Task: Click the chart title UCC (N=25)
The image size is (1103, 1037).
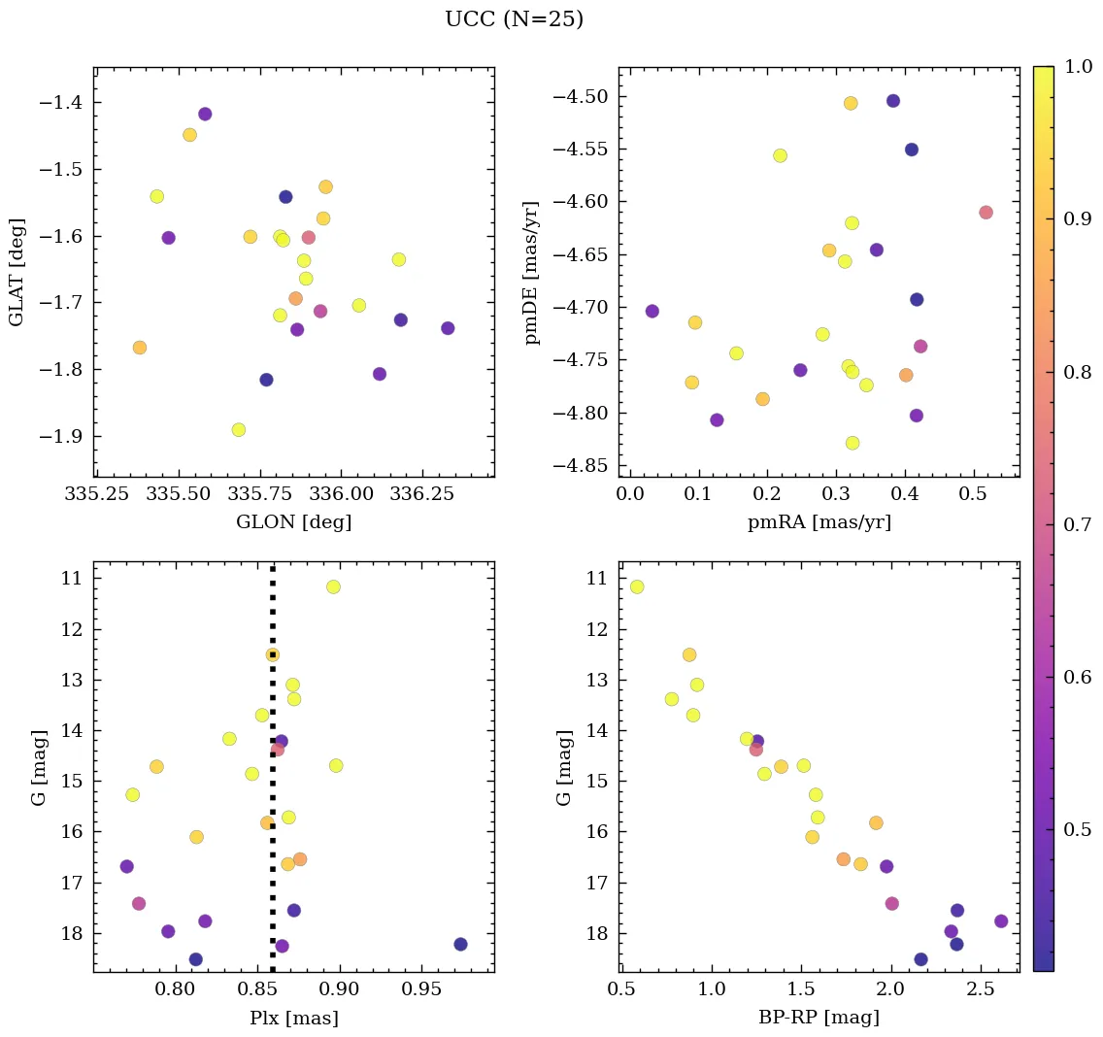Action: [x=514, y=19]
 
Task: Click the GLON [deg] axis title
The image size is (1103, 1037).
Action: [x=293, y=522]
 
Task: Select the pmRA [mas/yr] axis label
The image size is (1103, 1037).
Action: [x=819, y=522]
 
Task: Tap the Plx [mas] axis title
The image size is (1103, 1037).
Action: [x=293, y=1018]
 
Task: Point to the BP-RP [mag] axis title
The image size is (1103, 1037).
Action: [x=819, y=1018]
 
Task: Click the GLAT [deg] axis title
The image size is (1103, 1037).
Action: [x=17, y=272]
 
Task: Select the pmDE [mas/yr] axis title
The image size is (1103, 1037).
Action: [x=532, y=272]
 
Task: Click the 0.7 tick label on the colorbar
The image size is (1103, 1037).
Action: [x=1078, y=524]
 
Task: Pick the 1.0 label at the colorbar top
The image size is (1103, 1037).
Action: [x=1078, y=66]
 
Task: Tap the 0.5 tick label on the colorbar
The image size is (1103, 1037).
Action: [x=1078, y=829]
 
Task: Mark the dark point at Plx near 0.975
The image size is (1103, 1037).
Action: [x=460, y=944]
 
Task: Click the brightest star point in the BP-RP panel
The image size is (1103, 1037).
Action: [x=637, y=586]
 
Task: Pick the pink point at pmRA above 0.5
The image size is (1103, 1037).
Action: [x=986, y=213]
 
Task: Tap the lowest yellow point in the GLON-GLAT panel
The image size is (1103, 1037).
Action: [x=239, y=429]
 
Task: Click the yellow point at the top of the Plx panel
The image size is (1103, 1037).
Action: [x=333, y=586]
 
